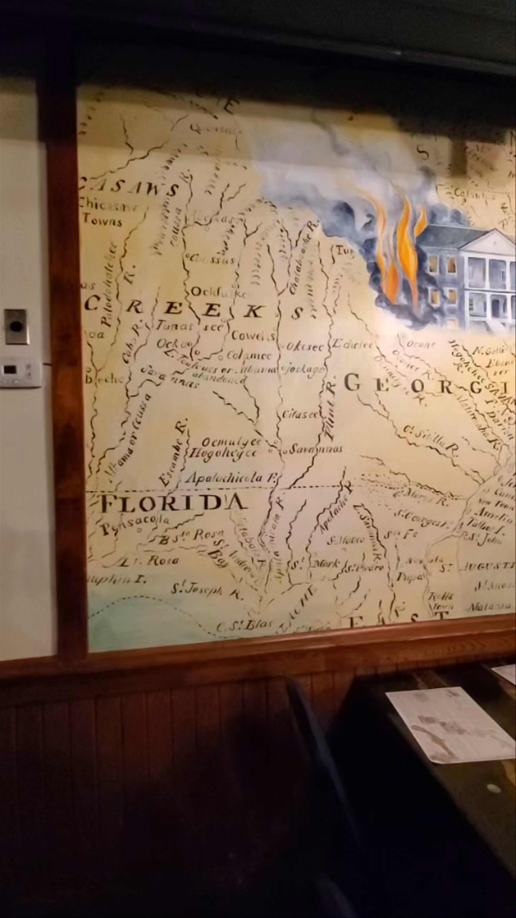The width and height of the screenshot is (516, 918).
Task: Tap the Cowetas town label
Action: click(x=253, y=335)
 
